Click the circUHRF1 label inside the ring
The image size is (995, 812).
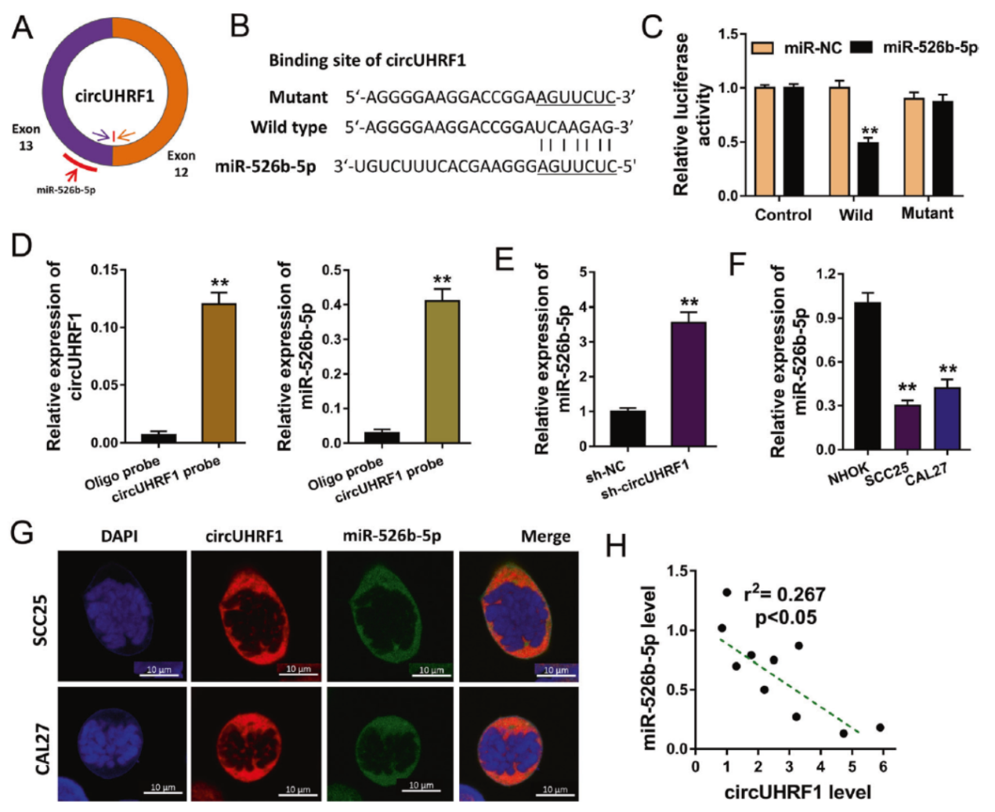point(114,96)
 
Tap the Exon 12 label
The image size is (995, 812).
point(181,164)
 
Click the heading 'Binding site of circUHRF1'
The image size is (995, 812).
point(367,60)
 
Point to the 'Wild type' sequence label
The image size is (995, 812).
point(288,127)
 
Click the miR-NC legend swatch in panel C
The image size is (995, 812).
point(762,49)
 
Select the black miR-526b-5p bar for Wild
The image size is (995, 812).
point(867,168)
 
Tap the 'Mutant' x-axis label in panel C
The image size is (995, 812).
point(927,214)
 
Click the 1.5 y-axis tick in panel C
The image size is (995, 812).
point(728,34)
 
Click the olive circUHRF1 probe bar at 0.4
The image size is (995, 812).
point(442,371)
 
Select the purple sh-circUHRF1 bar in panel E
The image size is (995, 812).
point(689,384)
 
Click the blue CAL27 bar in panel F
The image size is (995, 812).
point(946,418)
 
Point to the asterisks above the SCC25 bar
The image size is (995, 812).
point(907,388)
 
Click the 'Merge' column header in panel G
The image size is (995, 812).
point(545,536)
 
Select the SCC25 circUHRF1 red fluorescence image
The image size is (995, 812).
point(256,615)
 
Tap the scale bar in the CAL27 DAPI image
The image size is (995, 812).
point(163,792)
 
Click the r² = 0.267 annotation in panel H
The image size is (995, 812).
point(784,595)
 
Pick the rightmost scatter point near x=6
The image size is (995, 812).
point(880,727)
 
